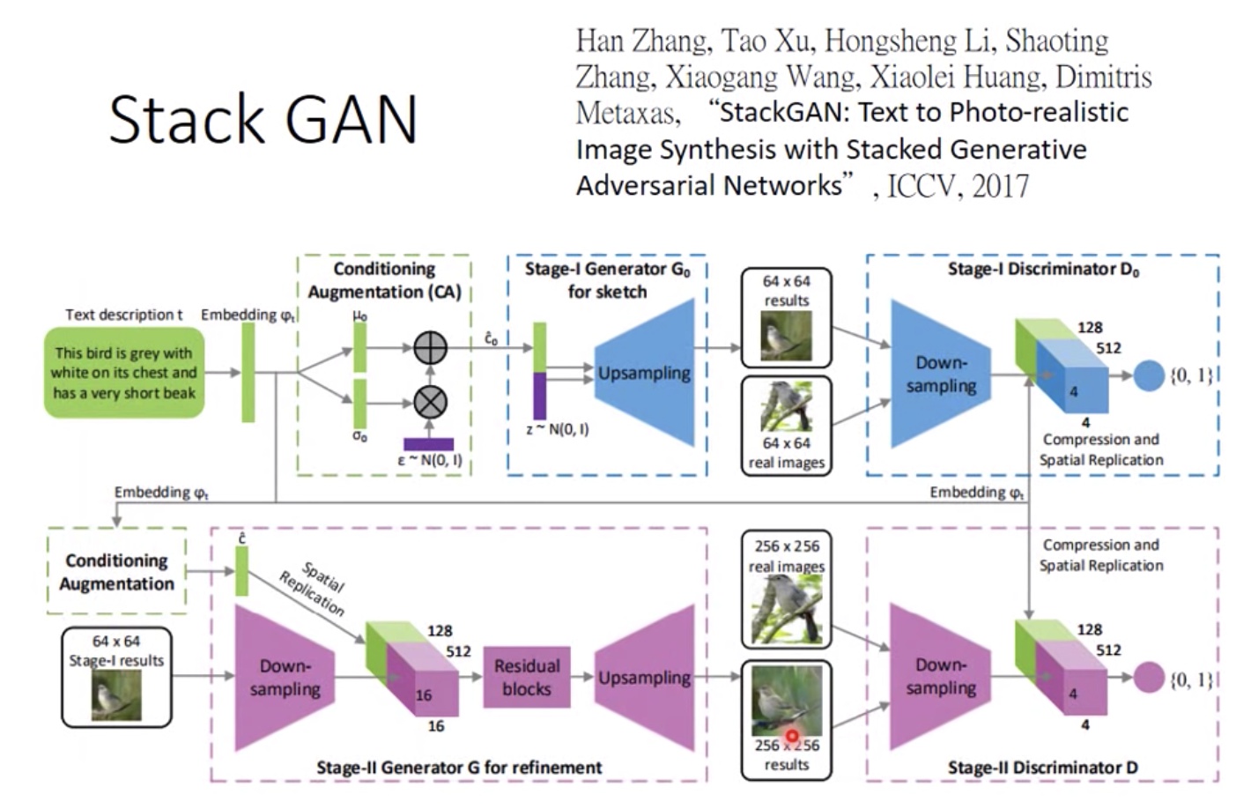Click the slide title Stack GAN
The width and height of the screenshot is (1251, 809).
point(263,121)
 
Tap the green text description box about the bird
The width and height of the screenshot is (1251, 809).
point(124,373)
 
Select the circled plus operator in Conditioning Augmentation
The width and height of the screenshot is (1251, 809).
point(430,348)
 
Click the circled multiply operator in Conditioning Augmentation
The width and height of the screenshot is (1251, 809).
point(430,403)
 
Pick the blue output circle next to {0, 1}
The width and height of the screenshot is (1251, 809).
point(1148,375)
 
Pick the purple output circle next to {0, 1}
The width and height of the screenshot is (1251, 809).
point(1148,678)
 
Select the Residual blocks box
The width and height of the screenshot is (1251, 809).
point(526,677)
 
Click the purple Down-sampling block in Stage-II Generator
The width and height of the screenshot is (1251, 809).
point(284,677)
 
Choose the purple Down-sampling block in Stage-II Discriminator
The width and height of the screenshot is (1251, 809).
point(939,677)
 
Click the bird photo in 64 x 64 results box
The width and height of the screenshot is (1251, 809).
point(786,336)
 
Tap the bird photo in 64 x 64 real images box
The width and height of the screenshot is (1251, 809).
point(786,408)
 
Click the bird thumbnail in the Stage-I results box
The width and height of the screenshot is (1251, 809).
point(116,695)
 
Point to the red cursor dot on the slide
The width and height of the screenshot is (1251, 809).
point(792,736)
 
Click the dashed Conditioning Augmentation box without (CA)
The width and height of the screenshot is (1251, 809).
point(117,572)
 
